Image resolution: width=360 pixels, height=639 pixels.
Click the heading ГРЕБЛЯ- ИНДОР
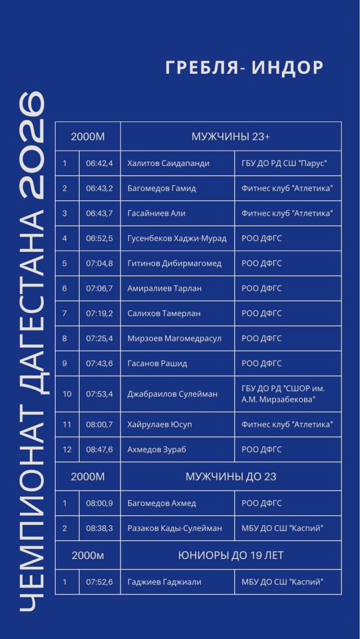[244, 67]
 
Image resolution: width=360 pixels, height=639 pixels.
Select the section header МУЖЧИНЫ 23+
[231, 137]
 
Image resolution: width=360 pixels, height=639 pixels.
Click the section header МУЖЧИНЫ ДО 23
[231, 477]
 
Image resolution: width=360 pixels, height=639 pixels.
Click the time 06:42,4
[99, 163]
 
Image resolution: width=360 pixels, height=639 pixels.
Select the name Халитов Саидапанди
[168, 163]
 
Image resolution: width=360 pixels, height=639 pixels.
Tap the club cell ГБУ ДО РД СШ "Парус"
[284, 163]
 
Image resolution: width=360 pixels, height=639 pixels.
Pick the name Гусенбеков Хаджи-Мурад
[177, 239]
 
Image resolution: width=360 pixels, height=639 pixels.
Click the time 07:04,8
[99, 264]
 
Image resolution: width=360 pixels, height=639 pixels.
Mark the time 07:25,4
[99, 338]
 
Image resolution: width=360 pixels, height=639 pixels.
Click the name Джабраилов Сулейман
[172, 394]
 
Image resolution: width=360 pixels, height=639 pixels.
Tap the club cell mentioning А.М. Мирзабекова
[283, 394]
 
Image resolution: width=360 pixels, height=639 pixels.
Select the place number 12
[67, 450]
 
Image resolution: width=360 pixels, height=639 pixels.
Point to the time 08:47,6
[99, 450]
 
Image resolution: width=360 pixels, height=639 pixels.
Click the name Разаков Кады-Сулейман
[175, 528]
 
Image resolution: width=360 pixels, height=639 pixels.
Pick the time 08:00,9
[99, 503]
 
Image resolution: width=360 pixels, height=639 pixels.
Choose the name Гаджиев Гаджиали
[164, 582]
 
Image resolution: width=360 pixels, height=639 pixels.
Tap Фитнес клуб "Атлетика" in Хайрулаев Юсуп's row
[287, 425]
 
